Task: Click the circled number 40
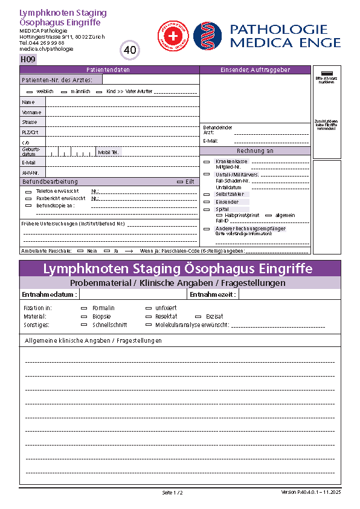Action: (130, 50)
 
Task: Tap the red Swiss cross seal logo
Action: (173, 35)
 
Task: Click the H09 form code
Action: (28, 59)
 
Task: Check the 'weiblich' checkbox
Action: (30, 91)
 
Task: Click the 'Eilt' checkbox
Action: (179, 181)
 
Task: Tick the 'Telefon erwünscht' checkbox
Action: (28, 191)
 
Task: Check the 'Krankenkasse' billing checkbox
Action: (207, 161)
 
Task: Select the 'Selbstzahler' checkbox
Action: (207, 195)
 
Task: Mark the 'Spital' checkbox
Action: (207, 209)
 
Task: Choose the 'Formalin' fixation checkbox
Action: (84, 308)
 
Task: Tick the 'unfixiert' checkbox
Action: (149, 308)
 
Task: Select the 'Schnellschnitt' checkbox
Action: (84, 325)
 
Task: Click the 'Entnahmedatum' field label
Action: (49, 295)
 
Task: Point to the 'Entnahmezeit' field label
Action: (213, 295)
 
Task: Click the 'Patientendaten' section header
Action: (108, 70)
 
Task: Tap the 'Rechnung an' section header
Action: (255, 151)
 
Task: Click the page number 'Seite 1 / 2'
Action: (172, 493)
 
